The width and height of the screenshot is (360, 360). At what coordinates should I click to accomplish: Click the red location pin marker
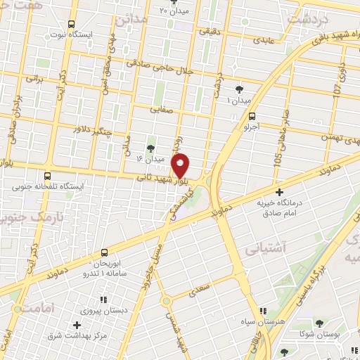[x=181, y=165]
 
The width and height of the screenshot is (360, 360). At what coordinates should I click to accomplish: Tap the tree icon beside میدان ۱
[x=240, y=89]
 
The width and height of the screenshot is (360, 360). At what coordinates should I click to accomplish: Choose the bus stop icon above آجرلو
[x=252, y=117]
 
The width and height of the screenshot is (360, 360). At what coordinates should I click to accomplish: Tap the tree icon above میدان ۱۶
[x=149, y=148]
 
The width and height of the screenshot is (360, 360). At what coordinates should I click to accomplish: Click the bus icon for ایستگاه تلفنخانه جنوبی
[x=47, y=176]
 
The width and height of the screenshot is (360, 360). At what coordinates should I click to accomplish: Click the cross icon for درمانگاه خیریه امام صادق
[x=279, y=191]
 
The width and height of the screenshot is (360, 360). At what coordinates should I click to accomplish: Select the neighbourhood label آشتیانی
[x=264, y=249]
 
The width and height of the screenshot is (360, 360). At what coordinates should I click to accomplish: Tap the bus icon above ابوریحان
[x=104, y=252]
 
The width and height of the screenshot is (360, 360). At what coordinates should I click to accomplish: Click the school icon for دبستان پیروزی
[x=103, y=290]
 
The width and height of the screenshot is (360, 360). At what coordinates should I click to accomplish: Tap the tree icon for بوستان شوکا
[x=320, y=324]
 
